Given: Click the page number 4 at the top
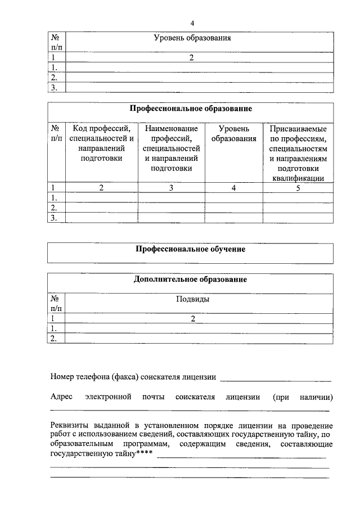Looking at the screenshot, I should [192, 23].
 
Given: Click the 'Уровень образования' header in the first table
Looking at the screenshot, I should [192, 38].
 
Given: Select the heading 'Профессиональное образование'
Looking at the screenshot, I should [191, 107].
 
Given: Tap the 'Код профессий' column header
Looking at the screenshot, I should [101, 143].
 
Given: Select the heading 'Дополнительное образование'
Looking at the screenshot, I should [191, 280].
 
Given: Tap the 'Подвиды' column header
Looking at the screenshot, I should [193, 299].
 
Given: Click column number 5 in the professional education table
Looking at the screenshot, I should [298, 188].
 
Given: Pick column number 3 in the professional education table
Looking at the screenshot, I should [171, 188].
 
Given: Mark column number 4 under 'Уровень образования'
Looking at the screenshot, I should [233, 188].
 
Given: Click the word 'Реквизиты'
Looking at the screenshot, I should [68, 425].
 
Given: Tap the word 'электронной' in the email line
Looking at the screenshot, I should [108, 397].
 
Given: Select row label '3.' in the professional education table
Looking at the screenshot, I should [55, 218].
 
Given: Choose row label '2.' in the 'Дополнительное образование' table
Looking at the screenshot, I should [55, 338].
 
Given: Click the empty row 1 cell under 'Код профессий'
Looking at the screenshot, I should [101, 198].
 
